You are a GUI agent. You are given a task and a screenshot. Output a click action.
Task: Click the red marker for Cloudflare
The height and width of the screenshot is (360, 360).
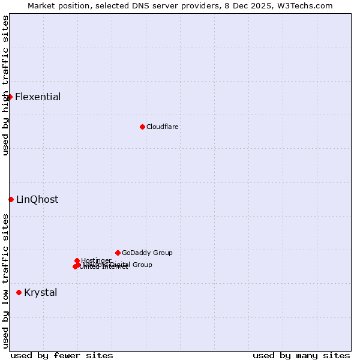click(142, 127)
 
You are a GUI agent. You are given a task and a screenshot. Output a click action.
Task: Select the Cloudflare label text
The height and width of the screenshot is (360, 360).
click(163, 127)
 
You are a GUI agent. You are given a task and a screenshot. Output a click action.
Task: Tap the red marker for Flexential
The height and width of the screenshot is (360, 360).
click(10, 97)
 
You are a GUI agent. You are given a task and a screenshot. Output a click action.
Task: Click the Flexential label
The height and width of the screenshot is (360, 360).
click(38, 97)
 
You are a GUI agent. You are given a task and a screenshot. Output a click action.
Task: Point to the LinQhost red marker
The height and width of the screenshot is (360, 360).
click(11, 199)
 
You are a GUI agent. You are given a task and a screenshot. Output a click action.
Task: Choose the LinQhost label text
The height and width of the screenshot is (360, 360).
click(37, 200)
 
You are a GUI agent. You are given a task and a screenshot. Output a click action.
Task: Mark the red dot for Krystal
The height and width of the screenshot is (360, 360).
click(19, 292)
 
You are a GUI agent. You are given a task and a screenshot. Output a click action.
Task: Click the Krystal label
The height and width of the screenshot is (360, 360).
click(41, 293)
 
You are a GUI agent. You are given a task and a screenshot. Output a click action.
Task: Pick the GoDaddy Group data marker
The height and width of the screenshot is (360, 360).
click(118, 253)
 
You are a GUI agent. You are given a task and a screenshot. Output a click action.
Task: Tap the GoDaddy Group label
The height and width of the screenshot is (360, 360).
click(147, 253)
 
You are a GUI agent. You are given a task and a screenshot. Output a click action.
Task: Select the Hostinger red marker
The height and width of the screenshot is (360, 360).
click(77, 260)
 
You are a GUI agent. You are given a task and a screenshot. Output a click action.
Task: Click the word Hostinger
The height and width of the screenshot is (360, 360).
click(96, 260)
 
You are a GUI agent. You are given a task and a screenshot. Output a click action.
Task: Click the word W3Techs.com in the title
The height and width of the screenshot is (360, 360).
click(307, 5)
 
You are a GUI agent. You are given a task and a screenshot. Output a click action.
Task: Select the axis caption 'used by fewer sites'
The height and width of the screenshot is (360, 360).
click(62, 356)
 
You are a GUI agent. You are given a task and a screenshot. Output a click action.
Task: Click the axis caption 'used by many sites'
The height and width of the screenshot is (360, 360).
click(301, 356)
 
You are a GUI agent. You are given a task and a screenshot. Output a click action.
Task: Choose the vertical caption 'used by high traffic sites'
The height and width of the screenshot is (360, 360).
click(5, 85)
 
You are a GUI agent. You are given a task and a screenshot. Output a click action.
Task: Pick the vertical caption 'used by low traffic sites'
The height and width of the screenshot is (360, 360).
click(5, 281)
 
